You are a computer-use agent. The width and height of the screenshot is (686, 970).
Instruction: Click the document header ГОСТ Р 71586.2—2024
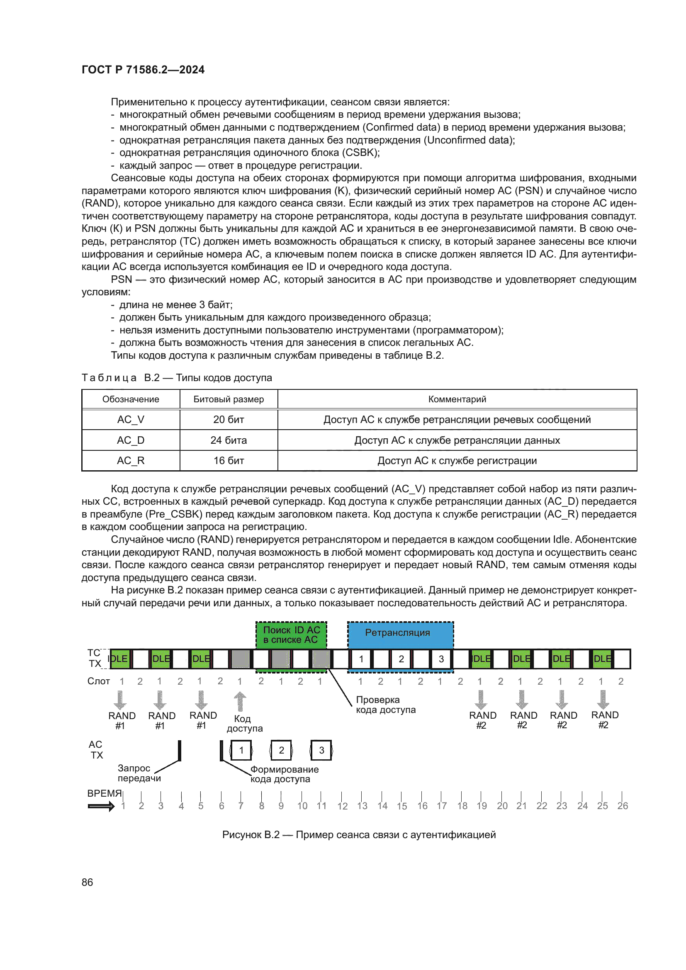pyautogui.click(x=143, y=70)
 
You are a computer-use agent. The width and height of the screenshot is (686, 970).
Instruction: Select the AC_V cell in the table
pyautogui.click(x=131, y=420)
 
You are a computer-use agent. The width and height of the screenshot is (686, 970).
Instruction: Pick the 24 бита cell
pyautogui.click(x=229, y=440)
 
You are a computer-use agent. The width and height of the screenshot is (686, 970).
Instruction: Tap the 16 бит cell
pyautogui.click(x=229, y=460)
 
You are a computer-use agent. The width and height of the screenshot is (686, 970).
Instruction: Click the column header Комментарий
pyautogui.click(x=457, y=399)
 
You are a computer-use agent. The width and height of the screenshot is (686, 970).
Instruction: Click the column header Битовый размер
pyautogui.click(x=229, y=399)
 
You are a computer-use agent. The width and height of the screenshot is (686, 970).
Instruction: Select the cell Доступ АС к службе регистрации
pyautogui.click(x=457, y=460)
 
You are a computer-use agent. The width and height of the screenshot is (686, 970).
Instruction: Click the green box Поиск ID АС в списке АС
pyautogui.click(x=292, y=635)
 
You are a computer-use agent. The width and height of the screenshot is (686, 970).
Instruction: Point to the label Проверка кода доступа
pyautogui.click(x=385, y=705)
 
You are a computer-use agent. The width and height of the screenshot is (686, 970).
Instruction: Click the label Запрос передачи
pyautogui.click(x=139, y=773)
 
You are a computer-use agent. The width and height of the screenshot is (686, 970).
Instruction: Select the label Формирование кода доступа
pyautogui.click(x=284, y=774)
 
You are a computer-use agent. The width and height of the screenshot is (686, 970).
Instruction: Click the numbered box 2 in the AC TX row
pyautogui.click(x=281, y=750)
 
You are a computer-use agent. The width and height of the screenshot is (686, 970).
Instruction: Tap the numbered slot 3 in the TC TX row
pyautogui.click(x=441, y=659)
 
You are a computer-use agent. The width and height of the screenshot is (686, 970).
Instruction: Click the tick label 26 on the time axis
pyautogui.click(x=622, y=806)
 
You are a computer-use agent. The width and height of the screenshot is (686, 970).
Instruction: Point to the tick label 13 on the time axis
pyautogui.click(x=362, y=806)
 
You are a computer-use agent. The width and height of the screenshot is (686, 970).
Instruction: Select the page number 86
pyautogui.click(x=88, y=882)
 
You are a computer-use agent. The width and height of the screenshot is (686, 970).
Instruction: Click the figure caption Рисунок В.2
pyautogui.click(x=359, y=835)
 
